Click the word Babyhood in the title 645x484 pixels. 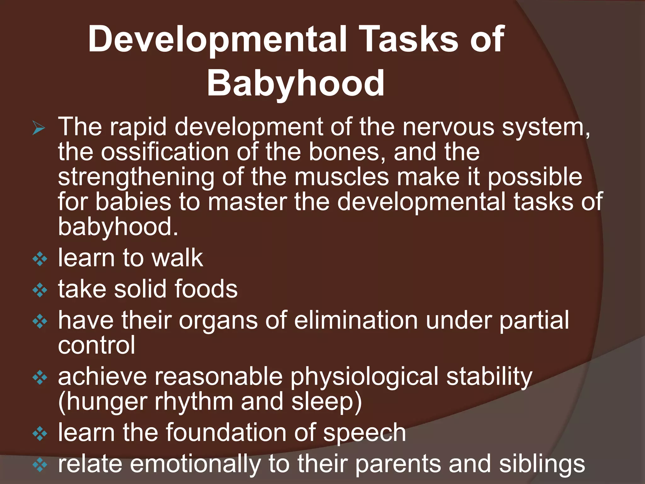[x=295, y=84]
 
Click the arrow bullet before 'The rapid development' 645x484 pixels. [x=39, y=129]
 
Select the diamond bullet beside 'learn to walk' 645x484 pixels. [x=40, y=260]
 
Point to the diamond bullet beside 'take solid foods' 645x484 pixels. [x=40, y=291]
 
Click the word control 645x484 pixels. [x=96, y=345]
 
